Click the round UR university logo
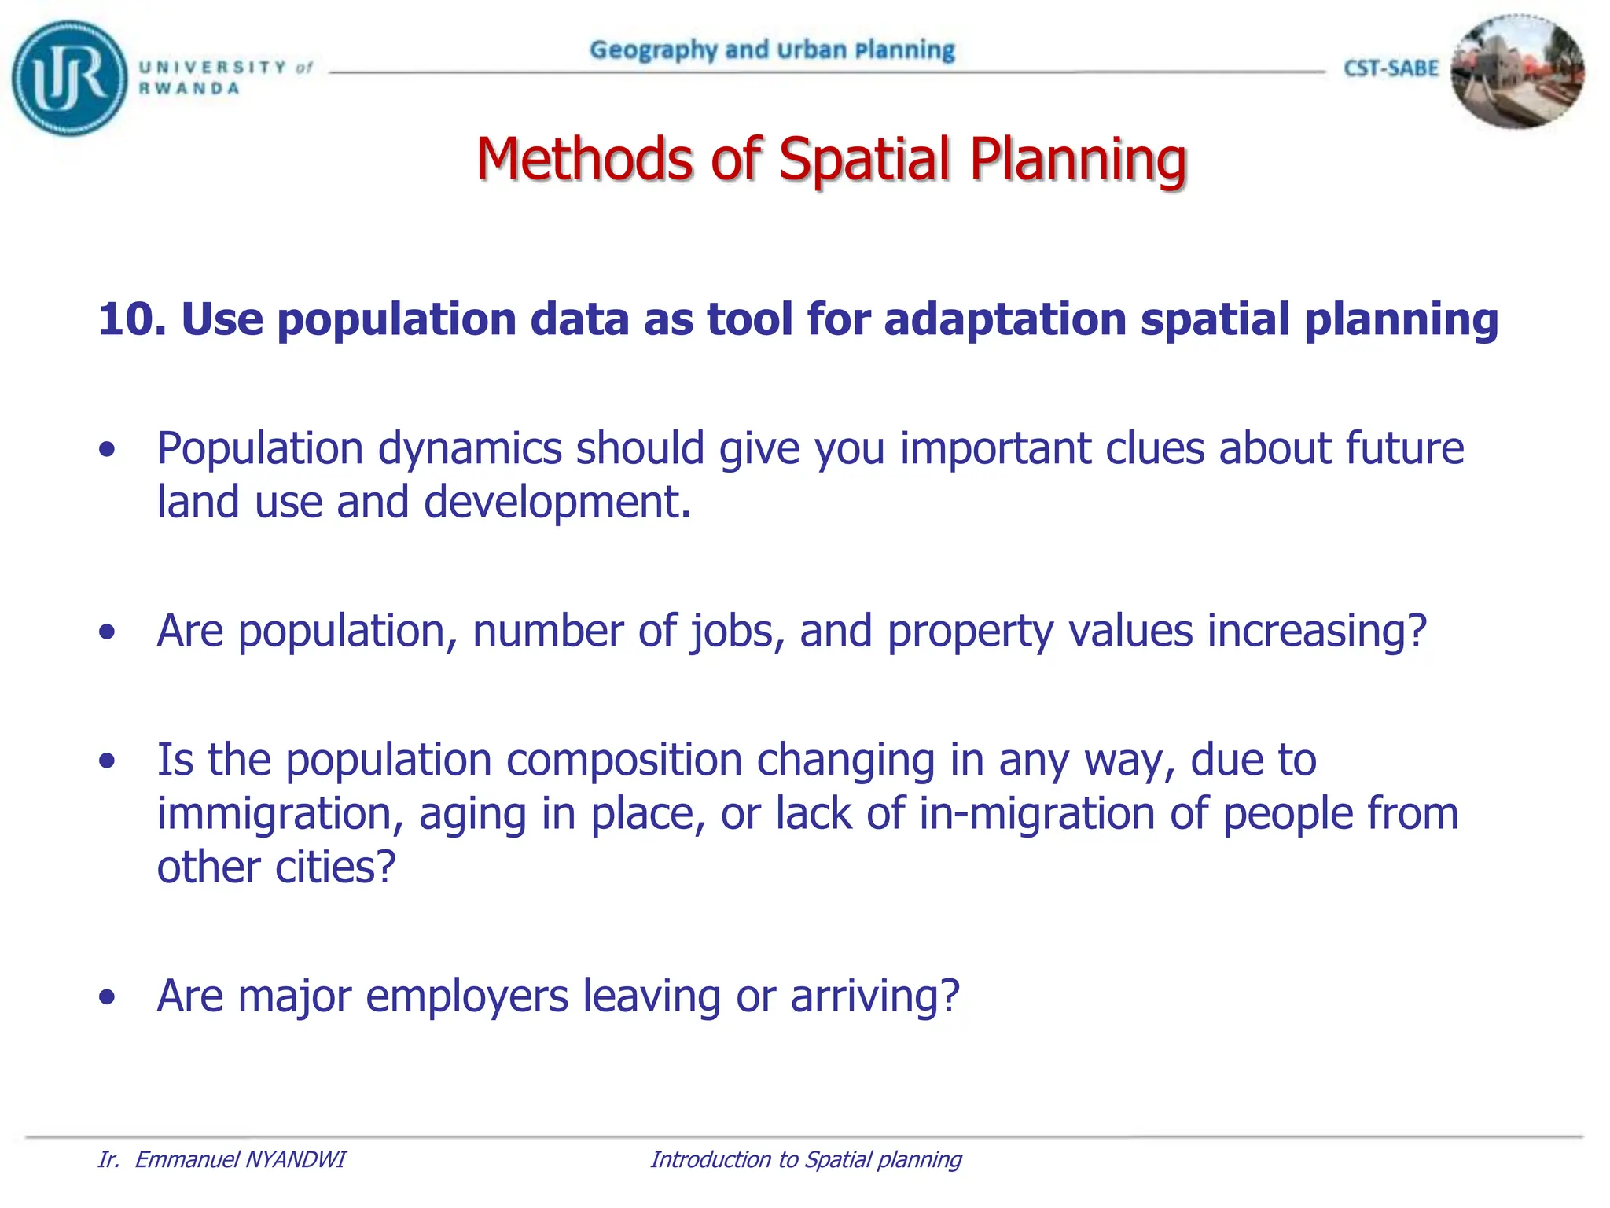coord(69,78)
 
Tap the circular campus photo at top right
coord(1516,72)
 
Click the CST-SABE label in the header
coord(1391,68)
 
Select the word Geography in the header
coord(653,50)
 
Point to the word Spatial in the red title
coord(866,160)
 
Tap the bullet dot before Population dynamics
coord(108,450)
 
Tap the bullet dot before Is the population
coord(108,761)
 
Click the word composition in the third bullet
coord(623,761)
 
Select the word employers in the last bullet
coord(466,996)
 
